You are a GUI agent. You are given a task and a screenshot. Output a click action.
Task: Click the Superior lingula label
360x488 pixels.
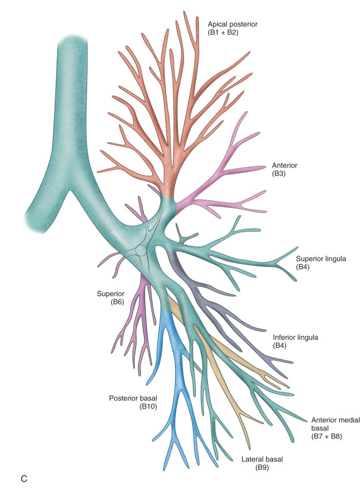(x=320, y=259)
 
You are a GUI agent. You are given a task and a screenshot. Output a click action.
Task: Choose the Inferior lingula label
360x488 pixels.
(x=295, y=336)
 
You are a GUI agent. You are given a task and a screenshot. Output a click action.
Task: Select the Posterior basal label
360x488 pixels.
(x=132, y=398)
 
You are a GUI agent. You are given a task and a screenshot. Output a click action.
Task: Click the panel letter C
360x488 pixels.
(x=21, y=478)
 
